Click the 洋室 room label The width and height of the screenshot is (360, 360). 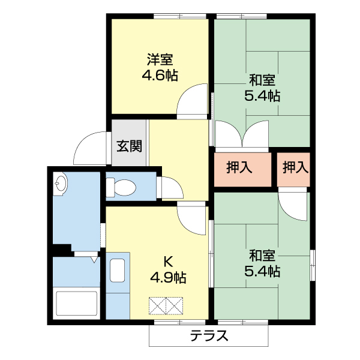point(160,60)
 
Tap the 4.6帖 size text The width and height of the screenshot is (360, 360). point(160,76)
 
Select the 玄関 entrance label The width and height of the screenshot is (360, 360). point(129,146)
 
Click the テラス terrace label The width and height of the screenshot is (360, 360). point(209,336)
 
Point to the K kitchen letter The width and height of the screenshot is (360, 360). point(169,262)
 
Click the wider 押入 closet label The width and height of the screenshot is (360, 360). point(239,168)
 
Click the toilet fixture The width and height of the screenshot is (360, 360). point(122,187)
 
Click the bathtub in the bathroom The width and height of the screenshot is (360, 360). point(76,304)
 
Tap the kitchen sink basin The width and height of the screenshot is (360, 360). point(118,271)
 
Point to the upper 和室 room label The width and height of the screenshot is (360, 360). point(262,79)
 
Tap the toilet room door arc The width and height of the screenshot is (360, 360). point(169,187)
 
